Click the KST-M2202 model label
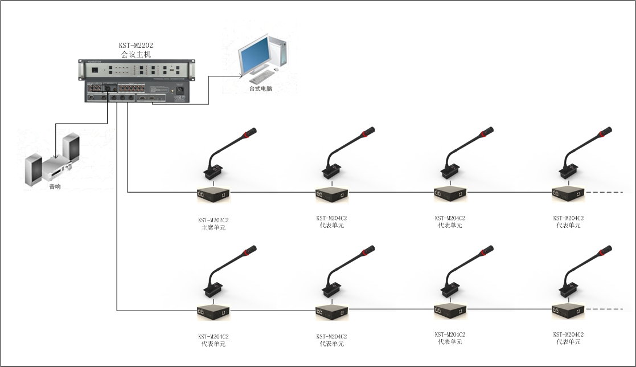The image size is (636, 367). coord(136,46)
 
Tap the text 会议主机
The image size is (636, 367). coord(136,55)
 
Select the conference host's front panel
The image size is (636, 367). coord(135,70)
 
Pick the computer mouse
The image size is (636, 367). coord(276,70)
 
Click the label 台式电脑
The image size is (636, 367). coord(260,89)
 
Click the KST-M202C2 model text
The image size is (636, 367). coord(214,219)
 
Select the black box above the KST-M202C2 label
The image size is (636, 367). coord(214,194)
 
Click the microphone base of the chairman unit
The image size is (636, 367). coord(214,172)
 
